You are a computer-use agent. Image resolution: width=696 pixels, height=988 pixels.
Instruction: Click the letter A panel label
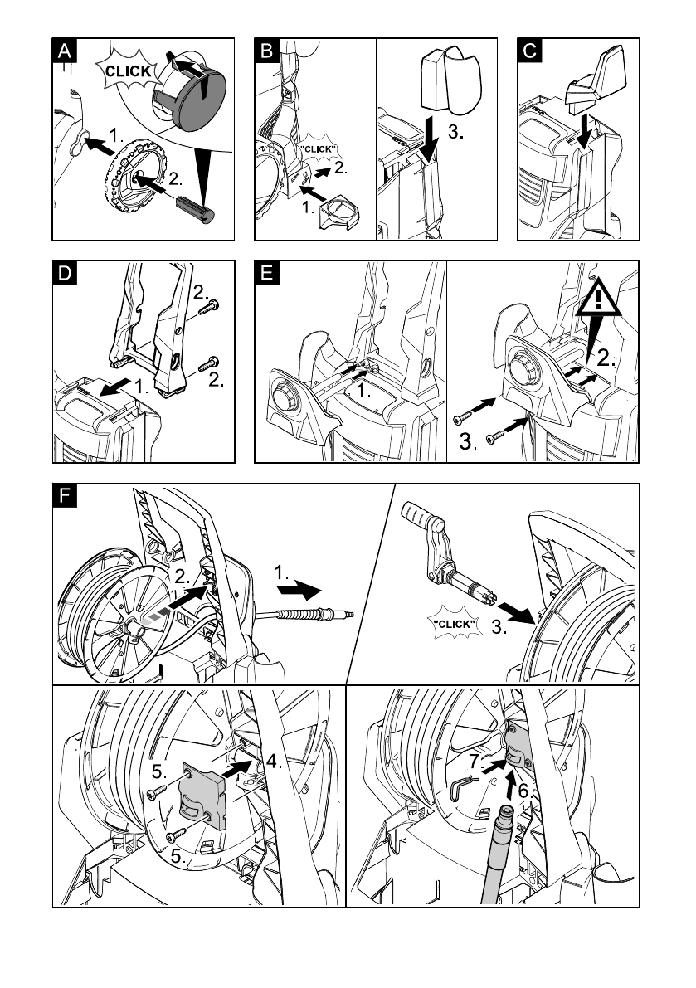pos(64,51)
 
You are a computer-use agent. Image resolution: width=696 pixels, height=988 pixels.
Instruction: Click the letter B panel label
pos(266,51)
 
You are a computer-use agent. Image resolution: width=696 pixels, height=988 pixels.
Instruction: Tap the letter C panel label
pos(530,51)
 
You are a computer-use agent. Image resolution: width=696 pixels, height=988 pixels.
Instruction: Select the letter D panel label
pos(65,273)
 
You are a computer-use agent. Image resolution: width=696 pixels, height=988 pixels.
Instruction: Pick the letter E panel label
pos(266,273)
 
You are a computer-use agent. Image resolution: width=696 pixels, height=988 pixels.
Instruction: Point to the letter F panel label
pos(65,495)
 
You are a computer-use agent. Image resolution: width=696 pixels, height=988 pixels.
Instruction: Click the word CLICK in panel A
pos(128,71)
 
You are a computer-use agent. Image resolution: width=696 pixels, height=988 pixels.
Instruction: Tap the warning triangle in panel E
pos(598,299)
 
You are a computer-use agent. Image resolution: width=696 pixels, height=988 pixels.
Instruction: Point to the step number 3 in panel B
pos(456,133)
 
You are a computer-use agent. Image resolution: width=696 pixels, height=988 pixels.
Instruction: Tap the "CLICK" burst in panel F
pos(454,624)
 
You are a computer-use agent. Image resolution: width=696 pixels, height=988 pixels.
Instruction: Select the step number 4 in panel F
pos(274,762)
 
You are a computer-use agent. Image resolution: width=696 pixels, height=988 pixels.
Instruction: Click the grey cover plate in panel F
pos(202,796)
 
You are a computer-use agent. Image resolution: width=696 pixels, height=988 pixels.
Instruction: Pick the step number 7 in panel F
pos(476,762)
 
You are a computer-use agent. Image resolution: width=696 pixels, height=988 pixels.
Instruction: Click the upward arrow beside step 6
pos(512,786)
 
